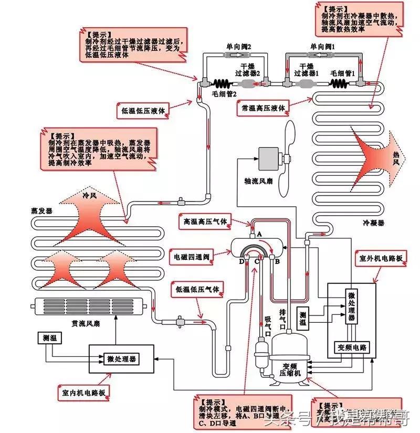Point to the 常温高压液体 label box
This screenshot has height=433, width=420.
tap(262, 108)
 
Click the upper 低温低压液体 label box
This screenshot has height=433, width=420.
tap(143, 111)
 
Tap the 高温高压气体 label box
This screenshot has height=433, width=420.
tap(205, 221)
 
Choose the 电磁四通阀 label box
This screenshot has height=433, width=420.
tap(192, 258)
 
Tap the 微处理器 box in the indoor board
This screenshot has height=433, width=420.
tap(122, 359)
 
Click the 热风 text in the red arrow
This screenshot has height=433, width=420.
tap(397, 155)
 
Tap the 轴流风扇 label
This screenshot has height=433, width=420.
tap(259, 181)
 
